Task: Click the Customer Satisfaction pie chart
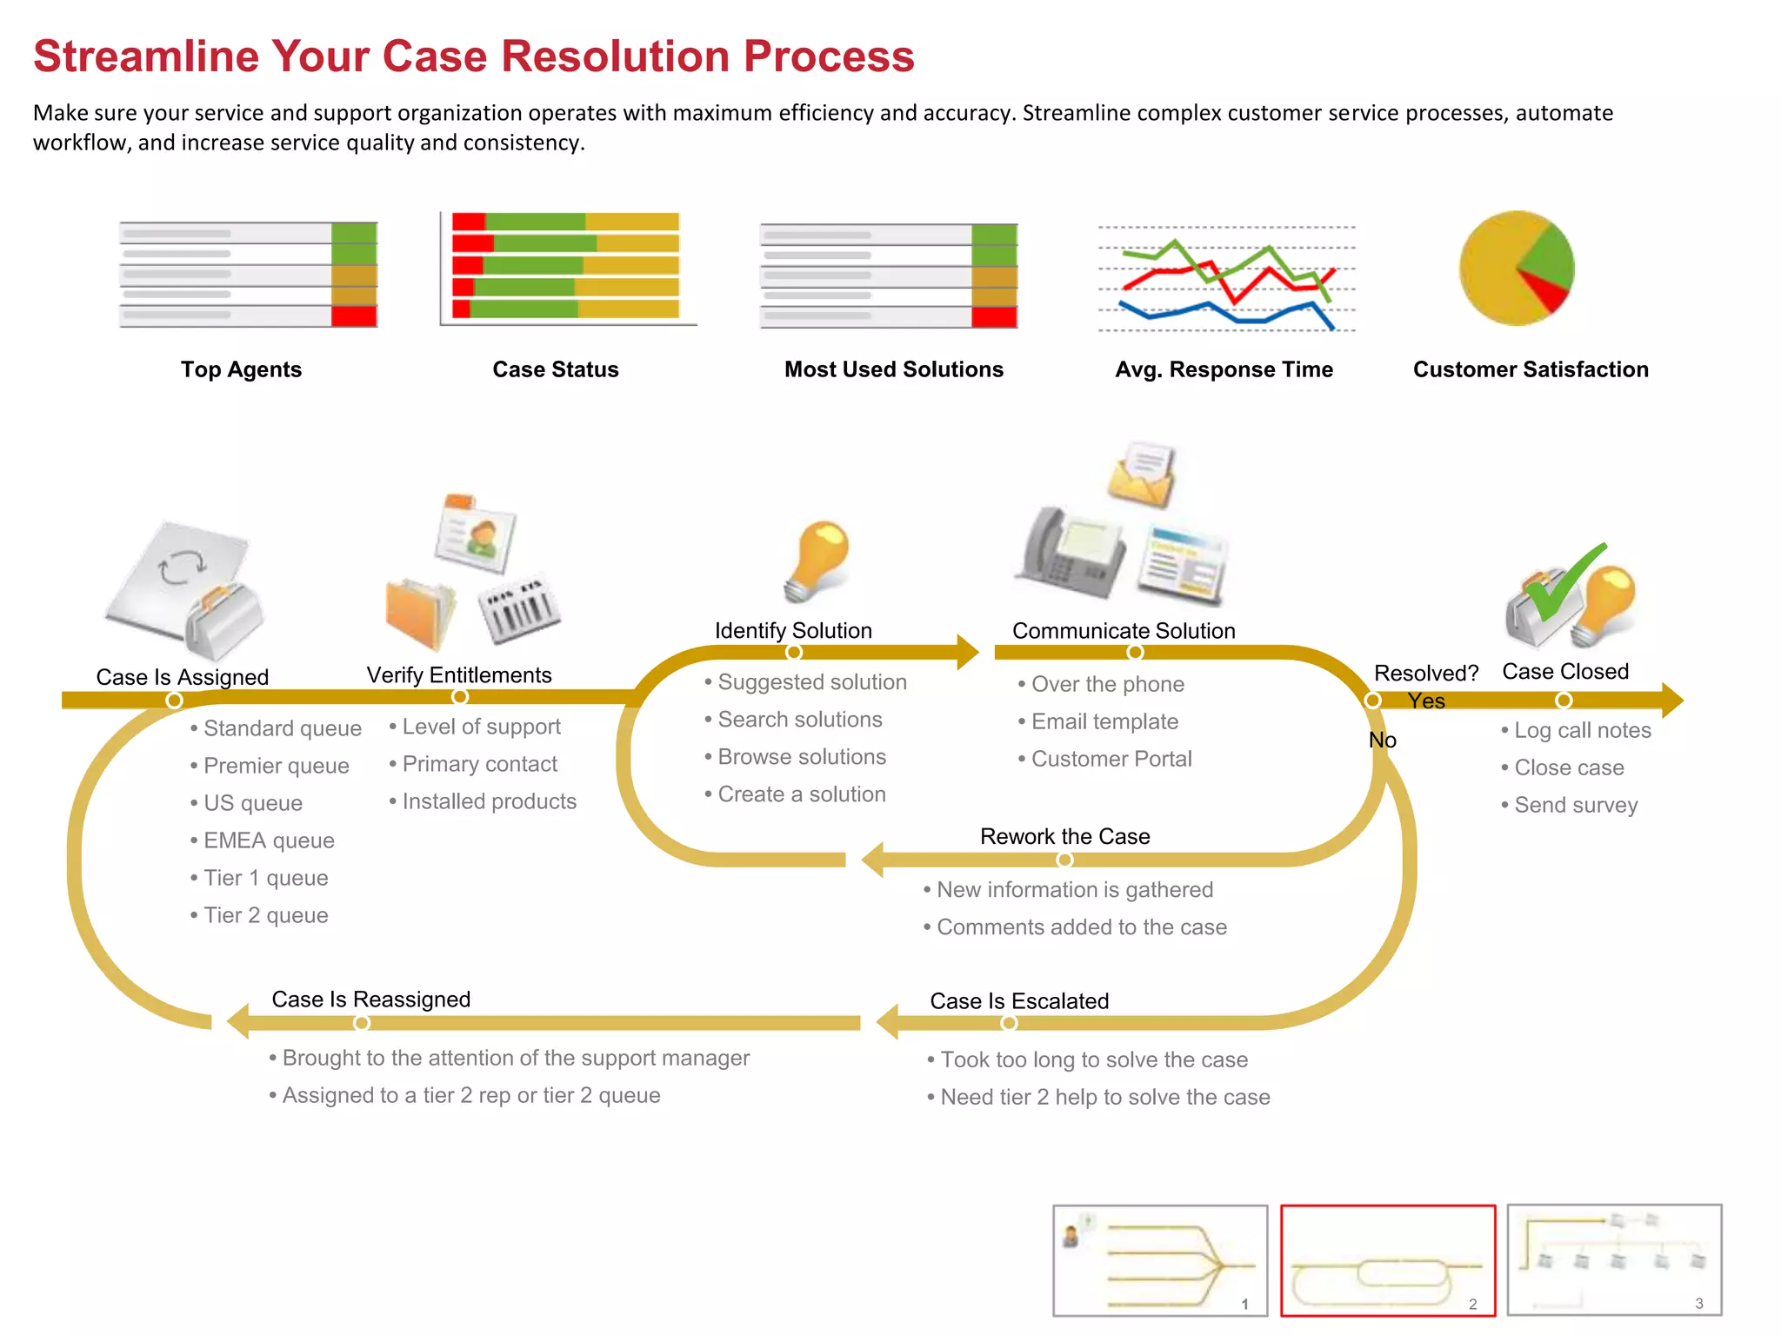coord(1516,268)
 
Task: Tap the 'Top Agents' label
coord(241,369)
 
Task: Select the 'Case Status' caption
coord(555,369)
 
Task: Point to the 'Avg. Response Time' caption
coord(1224,369)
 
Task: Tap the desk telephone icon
coord(1071,554)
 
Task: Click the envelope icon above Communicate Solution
coord(1142,475)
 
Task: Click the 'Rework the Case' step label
coord(1064,836)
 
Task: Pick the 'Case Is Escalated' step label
coord(1019,1001)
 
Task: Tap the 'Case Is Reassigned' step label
coord(370,1000)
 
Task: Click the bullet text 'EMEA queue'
coord(268,840)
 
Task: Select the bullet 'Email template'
coord(1104,721)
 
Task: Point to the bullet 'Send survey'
coord(1575,805)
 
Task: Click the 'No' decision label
coord(1382,741)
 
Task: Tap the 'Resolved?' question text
coord(1425,674)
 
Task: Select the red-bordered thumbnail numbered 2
coord(1387,1260)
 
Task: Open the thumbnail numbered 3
coord(1614,1260)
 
